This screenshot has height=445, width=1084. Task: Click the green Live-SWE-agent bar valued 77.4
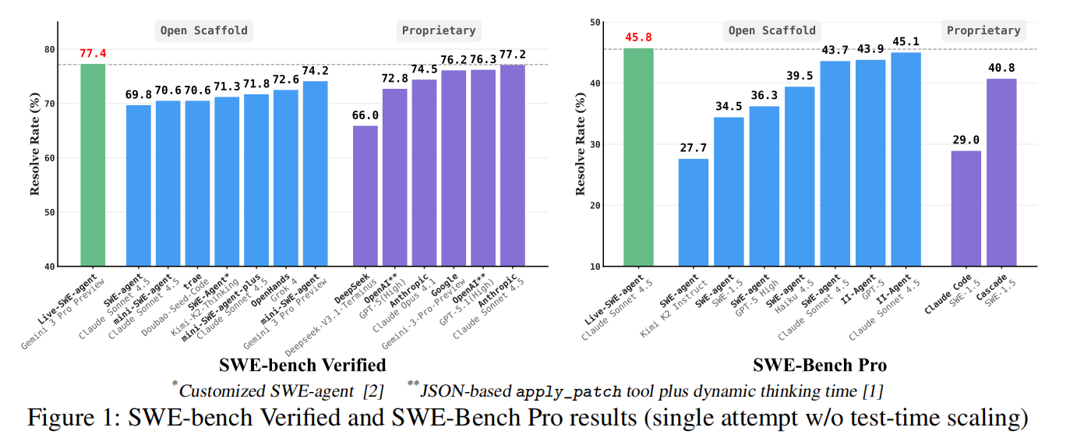click(x=93, y=164)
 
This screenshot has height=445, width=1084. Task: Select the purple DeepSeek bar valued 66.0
click(x=365, y=196)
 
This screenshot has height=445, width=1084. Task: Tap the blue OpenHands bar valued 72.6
click(x=286, y=178)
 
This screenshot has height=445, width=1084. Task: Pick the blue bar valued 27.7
click(x=694, y=212)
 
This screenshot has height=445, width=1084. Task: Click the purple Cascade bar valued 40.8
click(x=1001, y=172)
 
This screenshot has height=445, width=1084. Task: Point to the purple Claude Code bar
click(x=966, y=208)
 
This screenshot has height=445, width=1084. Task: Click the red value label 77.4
click(x=93, y=54)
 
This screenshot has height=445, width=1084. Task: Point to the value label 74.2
click(x=315, y=70)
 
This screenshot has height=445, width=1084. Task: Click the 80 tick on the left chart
click(x=49, y=50)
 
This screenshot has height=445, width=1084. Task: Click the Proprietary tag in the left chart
click(x=439, y=31)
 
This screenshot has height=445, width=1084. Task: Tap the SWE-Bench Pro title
click(x=820, y=365)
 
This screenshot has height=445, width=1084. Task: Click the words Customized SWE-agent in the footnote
click(x=250, y=390)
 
